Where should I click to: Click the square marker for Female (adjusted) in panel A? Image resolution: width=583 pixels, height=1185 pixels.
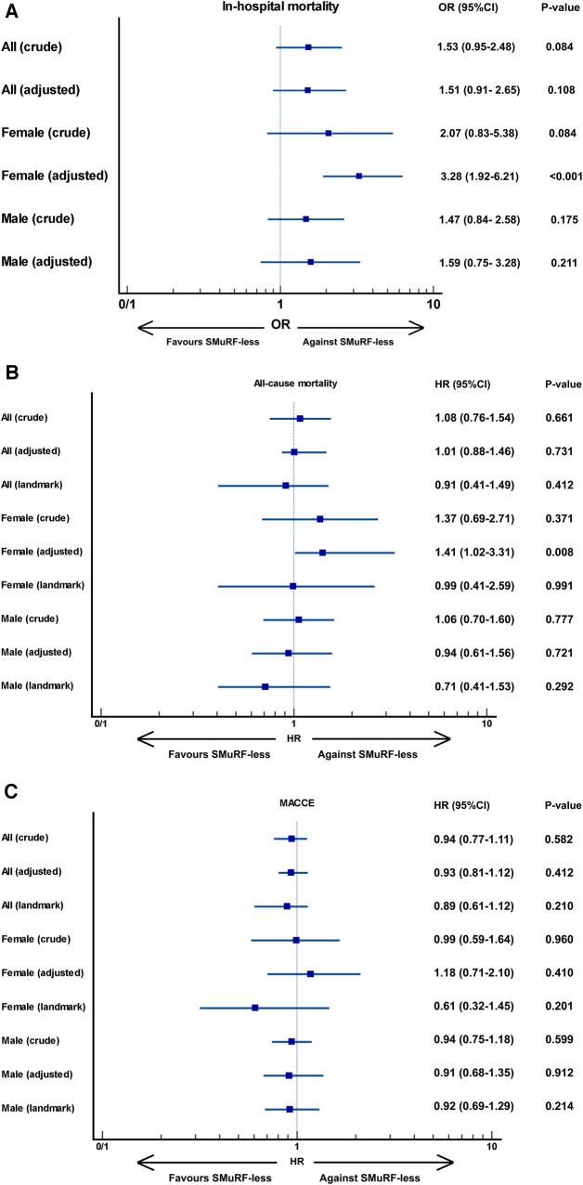[x=358, y=176]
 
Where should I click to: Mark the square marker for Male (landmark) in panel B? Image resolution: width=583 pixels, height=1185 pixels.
[x=266, y=686]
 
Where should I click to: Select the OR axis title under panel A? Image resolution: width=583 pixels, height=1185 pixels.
[x=280, y=325]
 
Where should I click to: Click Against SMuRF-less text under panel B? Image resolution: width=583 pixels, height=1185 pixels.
[x=368, y=754]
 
